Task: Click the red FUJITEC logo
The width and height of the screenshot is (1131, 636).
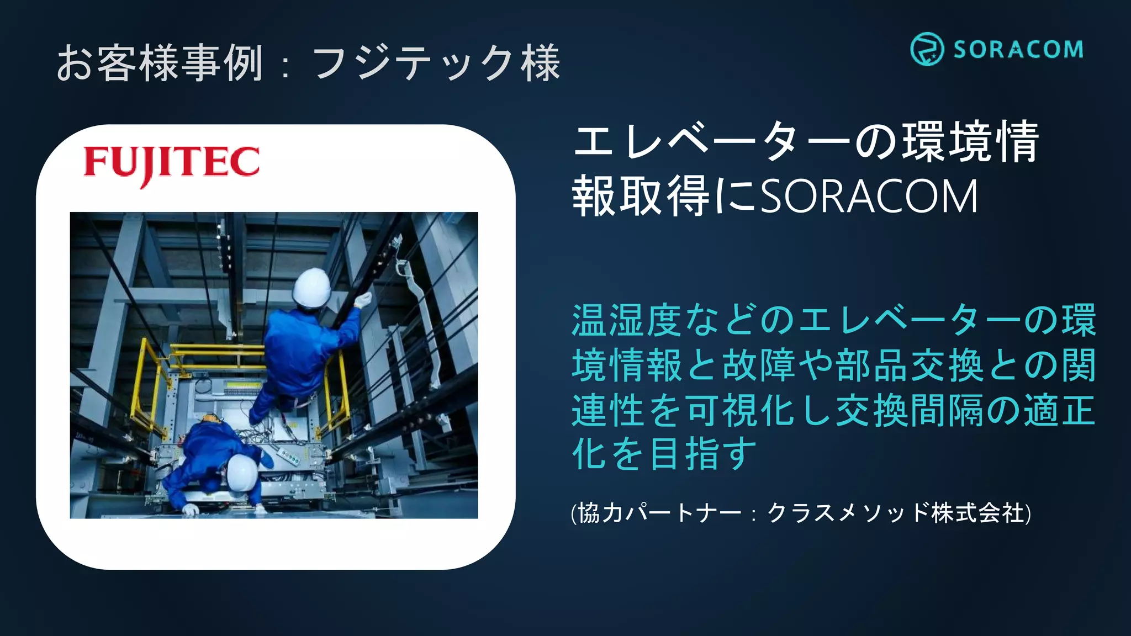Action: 171,163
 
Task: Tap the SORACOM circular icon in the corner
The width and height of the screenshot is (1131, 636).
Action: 926,49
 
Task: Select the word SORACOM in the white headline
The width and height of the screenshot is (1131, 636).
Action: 869,197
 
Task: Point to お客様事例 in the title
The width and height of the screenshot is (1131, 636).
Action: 160,63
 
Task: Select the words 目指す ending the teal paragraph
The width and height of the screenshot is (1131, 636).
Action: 702,454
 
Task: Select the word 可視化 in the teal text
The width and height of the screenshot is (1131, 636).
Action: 740,410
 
